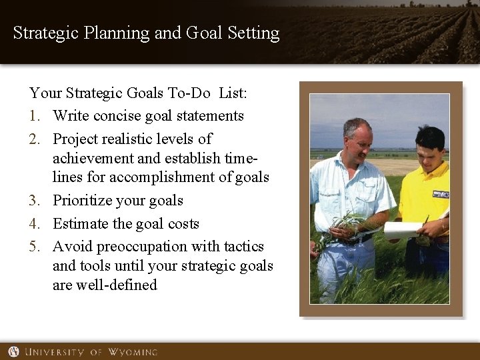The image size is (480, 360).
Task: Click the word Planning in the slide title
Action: click(118, 33)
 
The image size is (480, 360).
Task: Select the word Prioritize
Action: click(84, 201)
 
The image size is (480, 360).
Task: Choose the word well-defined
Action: click(117, 285)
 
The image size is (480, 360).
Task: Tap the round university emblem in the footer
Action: click(13, 351)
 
